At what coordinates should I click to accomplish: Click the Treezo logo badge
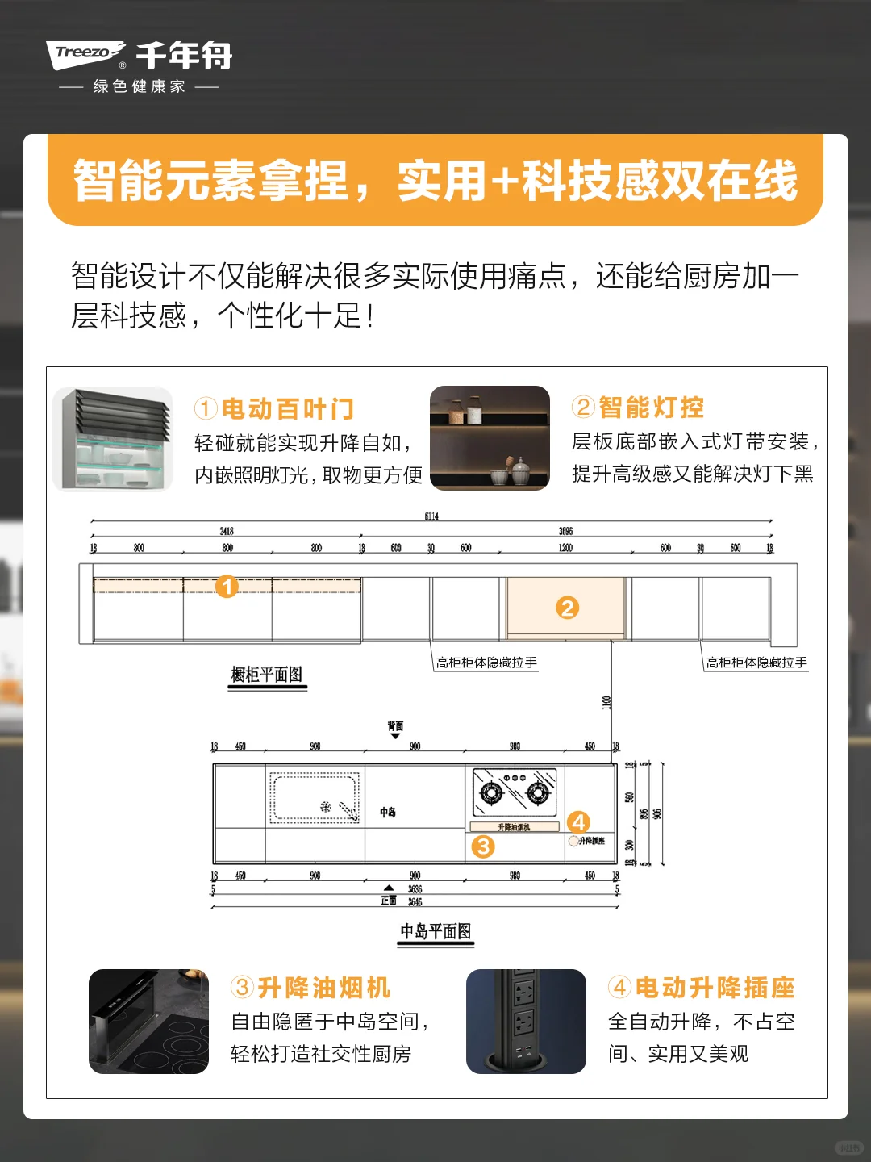click(x=85, y=54)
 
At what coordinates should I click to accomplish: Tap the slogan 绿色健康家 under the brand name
click(x=139, y=86)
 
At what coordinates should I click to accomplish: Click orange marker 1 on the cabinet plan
click(x=227, y=586)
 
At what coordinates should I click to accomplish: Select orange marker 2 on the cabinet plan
click(x=567, y=608)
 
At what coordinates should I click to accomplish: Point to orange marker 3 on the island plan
click(x=482, y=846)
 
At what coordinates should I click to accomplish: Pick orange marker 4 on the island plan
click(x=578, y=822)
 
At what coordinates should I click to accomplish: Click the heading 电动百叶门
click(x=287, y=409)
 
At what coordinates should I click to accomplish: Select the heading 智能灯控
click(x=651, y=408)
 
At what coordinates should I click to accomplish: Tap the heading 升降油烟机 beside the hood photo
click(x=323, y=988)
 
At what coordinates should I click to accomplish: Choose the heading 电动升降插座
click(x=715, y=988)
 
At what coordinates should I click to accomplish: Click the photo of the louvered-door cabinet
click(x=113, y=439)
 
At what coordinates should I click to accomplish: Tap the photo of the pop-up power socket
click(x=526, y=1022)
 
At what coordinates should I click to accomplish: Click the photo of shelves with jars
click(x=490, y=437)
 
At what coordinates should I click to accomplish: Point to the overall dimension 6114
click(x=431, y=516)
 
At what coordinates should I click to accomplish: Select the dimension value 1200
click(x=565, y=548)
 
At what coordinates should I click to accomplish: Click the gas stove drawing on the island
click(x=515, y=790)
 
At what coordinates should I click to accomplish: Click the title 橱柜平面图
click(x=267, y=675)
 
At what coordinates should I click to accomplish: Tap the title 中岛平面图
click(x=435, y=931)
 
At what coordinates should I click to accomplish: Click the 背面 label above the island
click(x=395, y=726)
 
